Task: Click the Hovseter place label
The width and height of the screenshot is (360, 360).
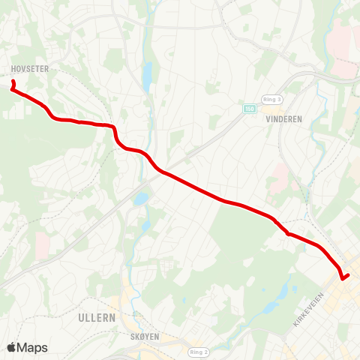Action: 30,68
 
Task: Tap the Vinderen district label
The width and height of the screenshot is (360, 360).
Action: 283,118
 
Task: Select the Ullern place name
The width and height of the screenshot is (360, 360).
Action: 97,317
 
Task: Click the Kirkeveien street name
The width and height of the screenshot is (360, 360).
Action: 307,309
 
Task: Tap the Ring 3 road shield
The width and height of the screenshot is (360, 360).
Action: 271,99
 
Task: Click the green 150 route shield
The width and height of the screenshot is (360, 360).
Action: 249,109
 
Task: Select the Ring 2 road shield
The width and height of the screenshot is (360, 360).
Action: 198,351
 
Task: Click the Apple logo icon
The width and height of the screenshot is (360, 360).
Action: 12,347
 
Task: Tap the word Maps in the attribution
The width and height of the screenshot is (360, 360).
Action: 32,347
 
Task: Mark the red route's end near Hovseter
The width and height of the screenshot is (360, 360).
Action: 13,81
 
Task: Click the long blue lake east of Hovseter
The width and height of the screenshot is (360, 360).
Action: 148,76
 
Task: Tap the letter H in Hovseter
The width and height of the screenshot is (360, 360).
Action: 13,68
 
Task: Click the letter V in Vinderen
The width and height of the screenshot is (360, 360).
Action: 268,118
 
